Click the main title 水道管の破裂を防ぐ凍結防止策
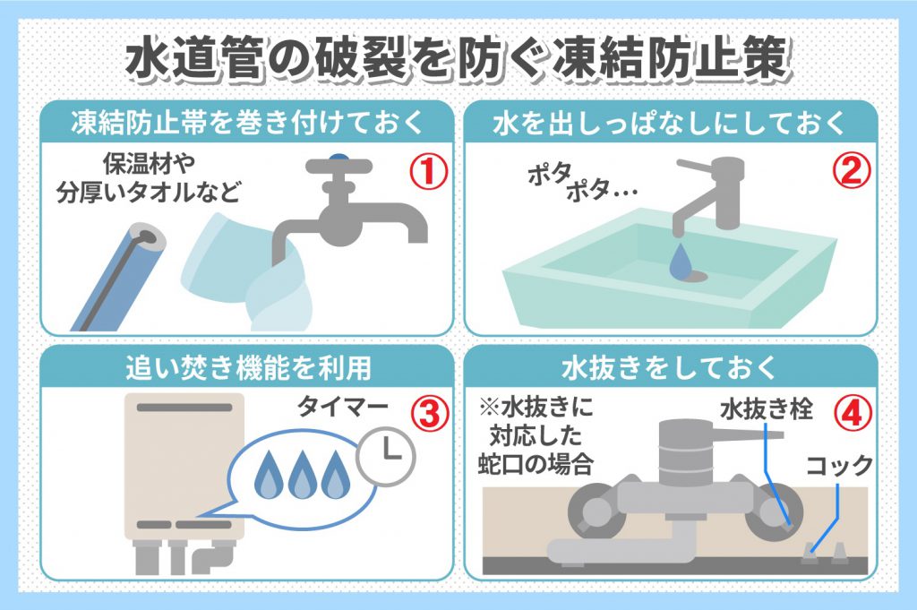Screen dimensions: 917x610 (x=458, y=61)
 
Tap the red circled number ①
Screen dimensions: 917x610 (x=427, y=171)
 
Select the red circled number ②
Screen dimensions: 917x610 (x=851, y=171)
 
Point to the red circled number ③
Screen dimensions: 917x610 (x=427, y=414)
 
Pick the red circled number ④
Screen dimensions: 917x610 (x=851, y=414)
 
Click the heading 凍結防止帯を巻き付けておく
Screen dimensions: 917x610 (x=247, y=124)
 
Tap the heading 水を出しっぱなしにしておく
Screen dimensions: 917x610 (x=670, y=124)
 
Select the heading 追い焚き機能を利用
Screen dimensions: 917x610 (x=248, y=368)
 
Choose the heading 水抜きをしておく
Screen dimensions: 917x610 (x=670, y=368)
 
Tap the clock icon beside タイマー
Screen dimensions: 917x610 (x=387, y=457)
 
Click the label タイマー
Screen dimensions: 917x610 (x=344, y=407)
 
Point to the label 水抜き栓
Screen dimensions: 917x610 (x=767, y=408)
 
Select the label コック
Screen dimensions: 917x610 (x=839, y=466)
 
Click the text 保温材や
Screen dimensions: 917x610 (x=150, y=164)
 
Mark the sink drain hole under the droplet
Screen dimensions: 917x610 (x=692, y=273)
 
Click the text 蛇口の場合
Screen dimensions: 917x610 (x=536, y=465)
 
